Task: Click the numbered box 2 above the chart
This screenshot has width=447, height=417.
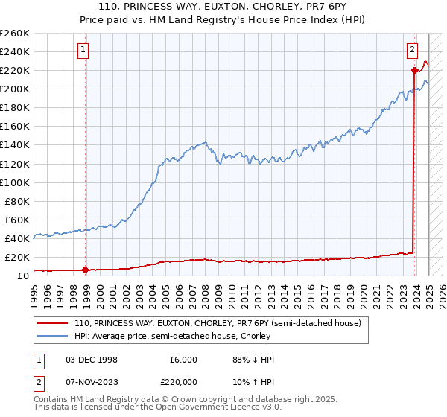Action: pos(412,51)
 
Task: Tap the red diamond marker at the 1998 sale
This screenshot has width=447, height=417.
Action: pos(85,270)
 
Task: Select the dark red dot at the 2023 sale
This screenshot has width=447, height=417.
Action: pos(414,71)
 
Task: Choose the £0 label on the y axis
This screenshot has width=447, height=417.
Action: pos(22,276)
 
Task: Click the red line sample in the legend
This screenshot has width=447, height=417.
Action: pos(54,323)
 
